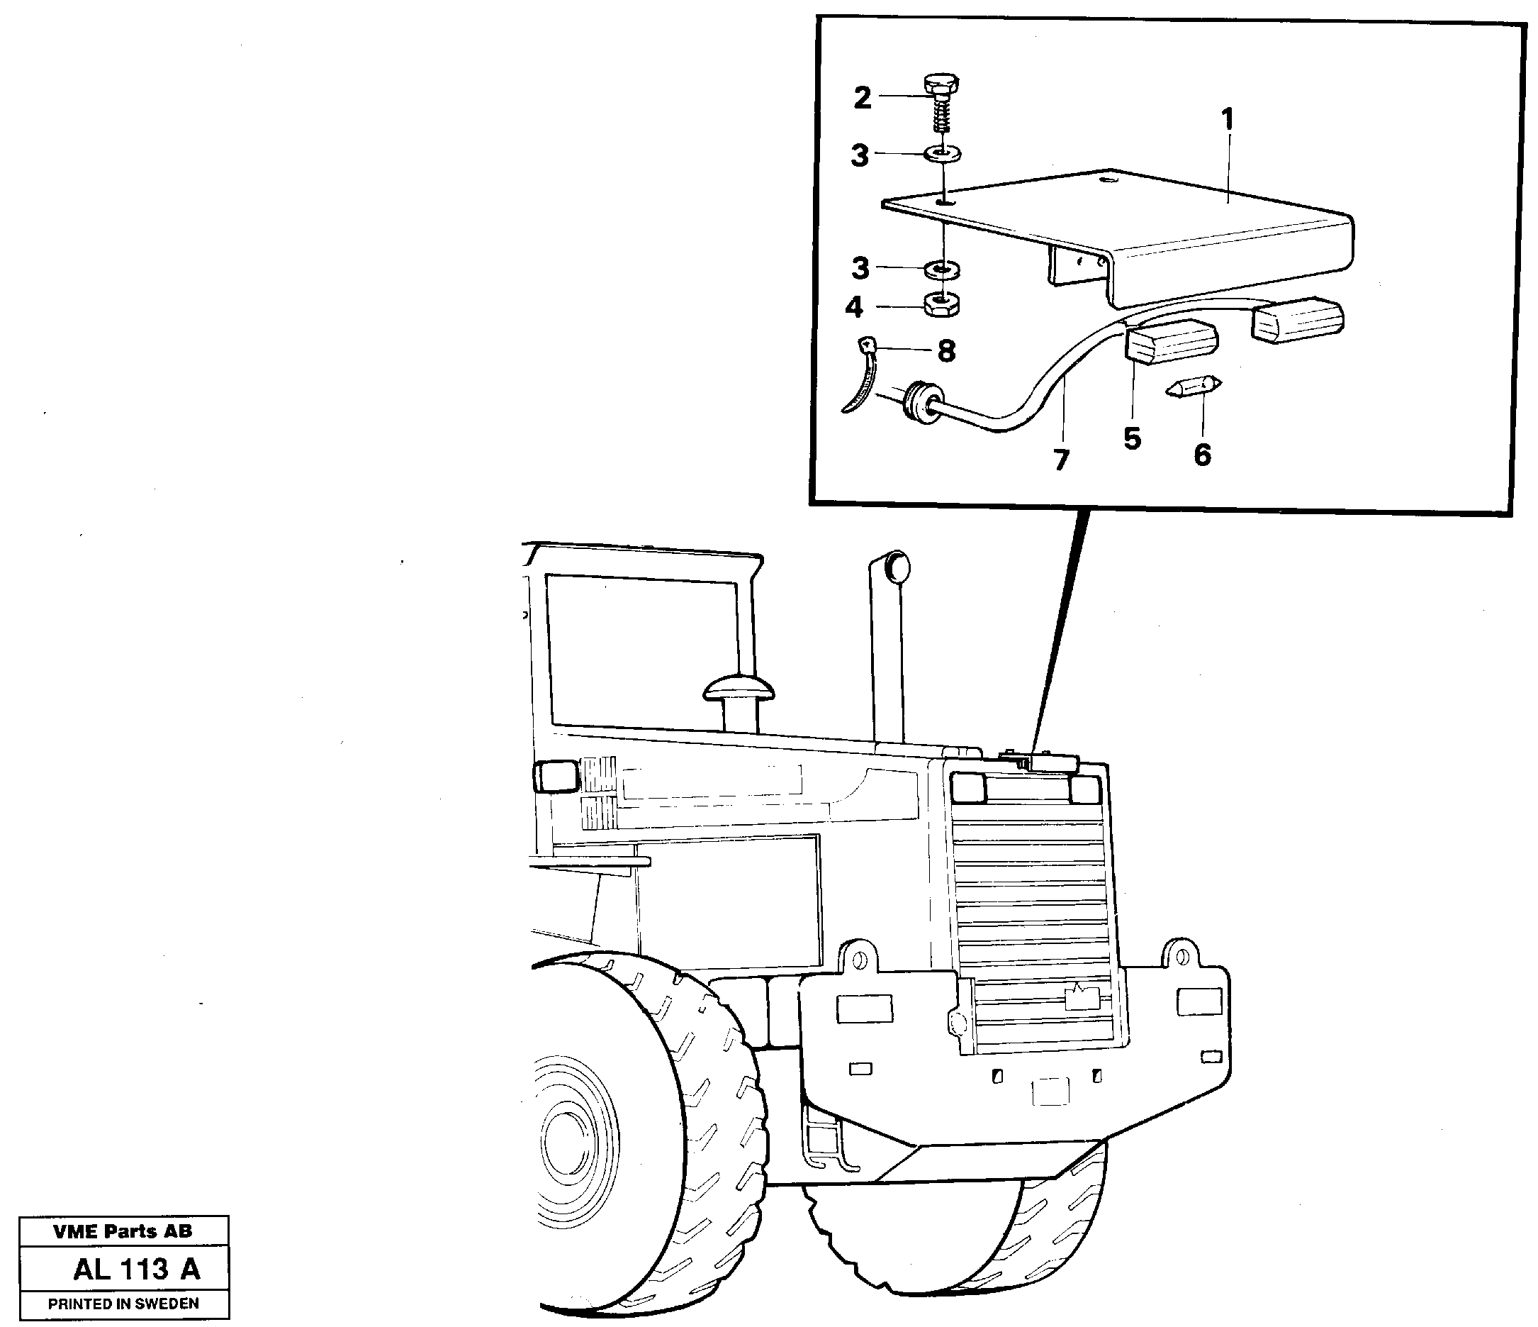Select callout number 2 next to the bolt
point(862,98)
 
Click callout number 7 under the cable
point(1062,460)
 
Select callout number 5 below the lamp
point(1132,439)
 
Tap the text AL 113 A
point(137,1270)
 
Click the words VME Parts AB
point(123,1232)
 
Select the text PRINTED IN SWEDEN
point(123,1304)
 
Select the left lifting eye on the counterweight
point(859,957)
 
